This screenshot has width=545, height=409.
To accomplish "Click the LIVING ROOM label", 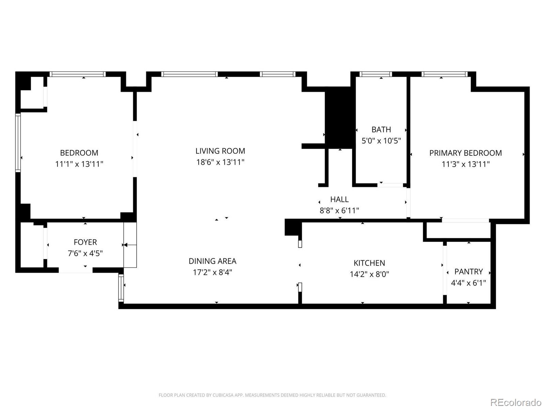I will (x=220, y=151).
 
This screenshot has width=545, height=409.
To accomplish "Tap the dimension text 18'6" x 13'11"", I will (x=220, y=162).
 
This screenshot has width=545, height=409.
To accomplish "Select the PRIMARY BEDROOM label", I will (x=465, y=153).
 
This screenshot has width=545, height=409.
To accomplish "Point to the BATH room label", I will (x=381, y=130).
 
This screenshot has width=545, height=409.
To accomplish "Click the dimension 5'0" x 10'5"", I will (x=381, y=141).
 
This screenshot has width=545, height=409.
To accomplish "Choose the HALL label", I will (x=339, y=199).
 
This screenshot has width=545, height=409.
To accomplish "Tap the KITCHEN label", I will (x=369, y=263).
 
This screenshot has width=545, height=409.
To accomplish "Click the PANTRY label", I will (x=468, y=272).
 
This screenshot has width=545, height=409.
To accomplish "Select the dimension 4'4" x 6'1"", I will (x=468, y=283).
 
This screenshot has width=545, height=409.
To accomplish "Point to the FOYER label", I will (x=85, y=242).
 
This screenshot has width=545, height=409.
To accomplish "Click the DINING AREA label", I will (x=212, y=261).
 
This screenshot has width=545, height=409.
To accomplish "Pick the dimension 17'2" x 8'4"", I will (x=212, y=272).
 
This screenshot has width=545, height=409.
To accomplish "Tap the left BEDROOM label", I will (x=79, y=153).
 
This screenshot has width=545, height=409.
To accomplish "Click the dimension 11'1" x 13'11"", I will (x=79, y=164).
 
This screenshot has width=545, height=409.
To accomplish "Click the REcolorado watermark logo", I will (x=516, y=403).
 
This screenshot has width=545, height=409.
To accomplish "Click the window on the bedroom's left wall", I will (x=18, y=142).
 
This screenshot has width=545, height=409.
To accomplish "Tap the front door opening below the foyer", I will (x=76, y=270).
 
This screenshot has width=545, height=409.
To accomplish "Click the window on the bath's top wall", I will (x=376, y=74).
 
